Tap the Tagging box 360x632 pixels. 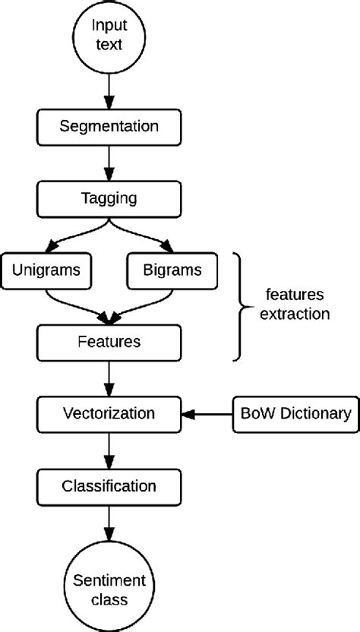(x=109, y=198)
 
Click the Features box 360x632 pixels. (x=109, y=342)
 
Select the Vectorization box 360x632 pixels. (x=109, y=414)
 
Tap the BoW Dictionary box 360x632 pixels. (x=293, y=414)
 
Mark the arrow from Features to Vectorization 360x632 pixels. (x=109, y=378)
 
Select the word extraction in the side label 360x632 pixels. (x=294, y=314)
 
